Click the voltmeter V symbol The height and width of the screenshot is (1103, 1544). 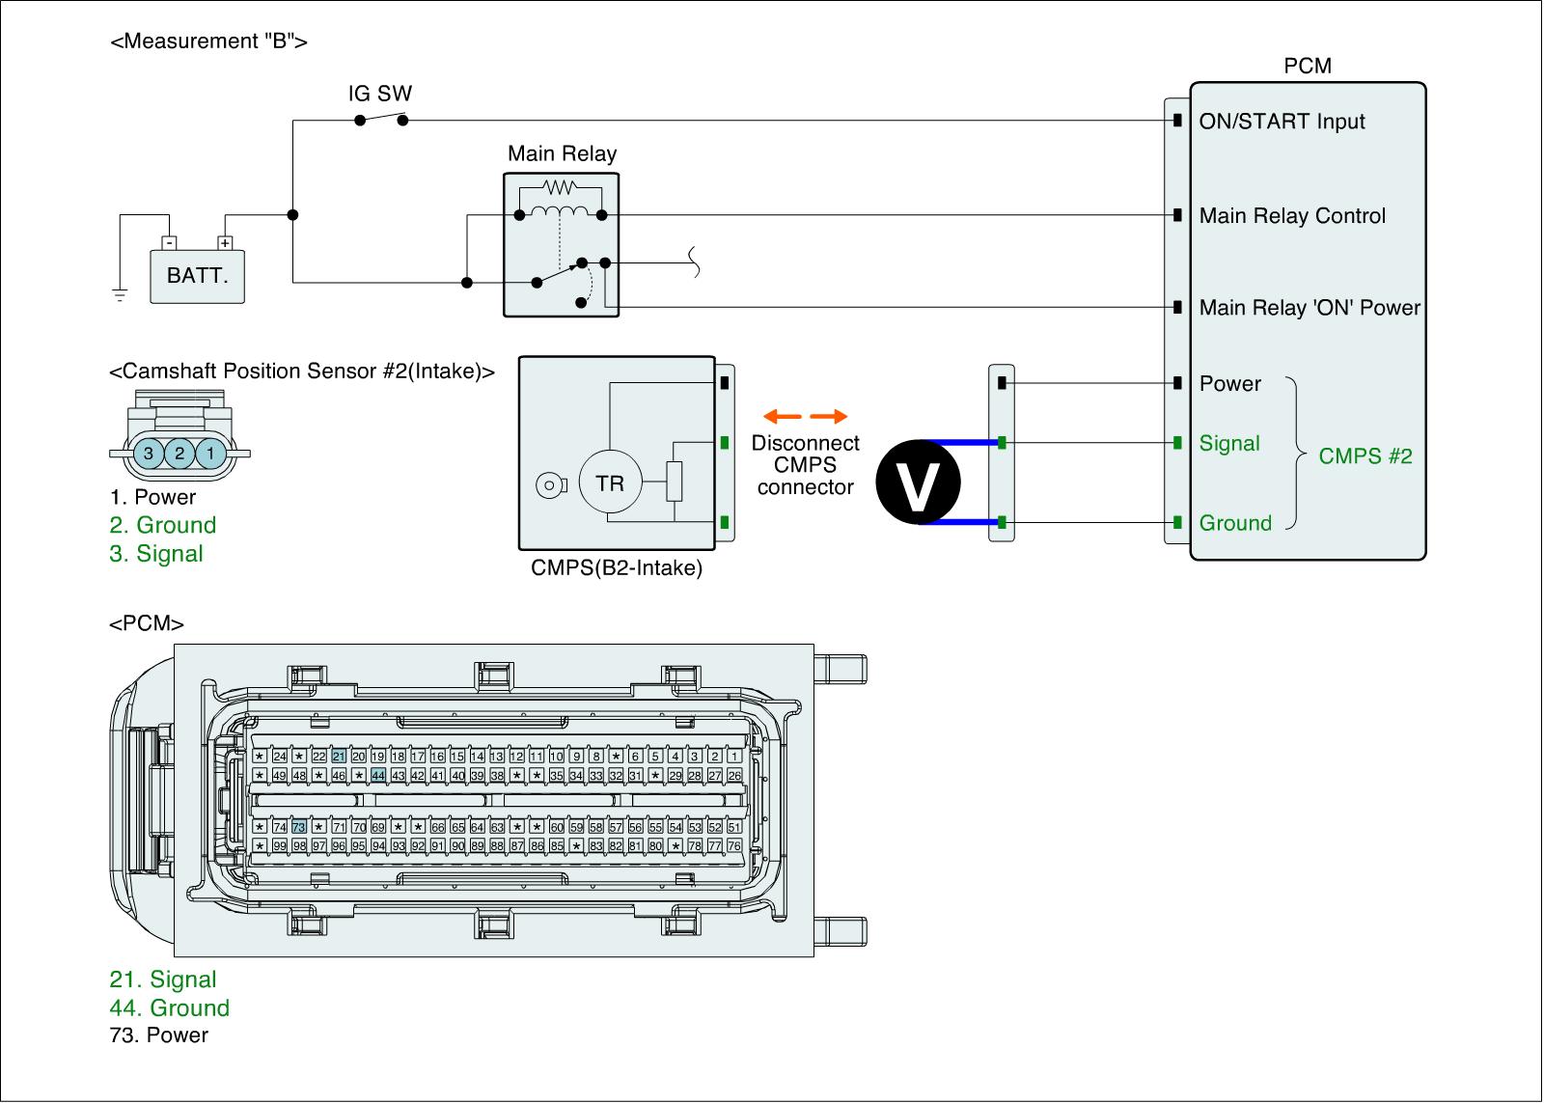(919, 483)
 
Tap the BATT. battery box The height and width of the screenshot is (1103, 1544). (198, 276)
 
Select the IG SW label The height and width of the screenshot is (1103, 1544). (380, 94)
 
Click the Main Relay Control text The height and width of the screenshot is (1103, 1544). (1292, 216)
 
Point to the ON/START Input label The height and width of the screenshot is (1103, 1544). (1282, 122)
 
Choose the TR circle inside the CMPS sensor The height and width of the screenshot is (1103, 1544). (610, 483)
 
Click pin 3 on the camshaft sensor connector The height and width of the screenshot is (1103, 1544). (149, 453)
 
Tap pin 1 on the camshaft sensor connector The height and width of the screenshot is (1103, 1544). (210, 453)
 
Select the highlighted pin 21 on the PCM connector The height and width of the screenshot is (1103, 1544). (339, 757)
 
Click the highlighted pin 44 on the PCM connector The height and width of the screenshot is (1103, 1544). (378, 775)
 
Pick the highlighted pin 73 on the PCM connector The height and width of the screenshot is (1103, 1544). (299, 827)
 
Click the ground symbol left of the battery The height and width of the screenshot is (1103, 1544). (120, 293)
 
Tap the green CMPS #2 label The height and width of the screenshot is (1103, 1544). (1365, 456)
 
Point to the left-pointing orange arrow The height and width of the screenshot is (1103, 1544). (782, 417)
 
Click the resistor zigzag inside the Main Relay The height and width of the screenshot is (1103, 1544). (560, 187)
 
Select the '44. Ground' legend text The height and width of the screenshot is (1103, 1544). (170, 1007)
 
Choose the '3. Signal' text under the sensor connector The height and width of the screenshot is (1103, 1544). (156, 554)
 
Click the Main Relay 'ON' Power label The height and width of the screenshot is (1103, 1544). (1310, 308)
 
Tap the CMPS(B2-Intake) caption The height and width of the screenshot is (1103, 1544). (617, 568)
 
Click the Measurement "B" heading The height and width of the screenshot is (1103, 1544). (209, 41)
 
